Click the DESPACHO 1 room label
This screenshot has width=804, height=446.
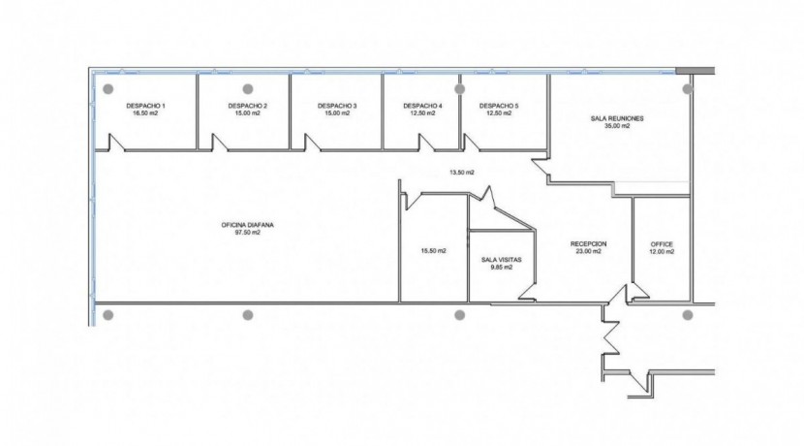pos(145,106)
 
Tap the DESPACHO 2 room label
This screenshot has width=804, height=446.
pos(248,106)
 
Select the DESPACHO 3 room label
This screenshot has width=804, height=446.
pos(337,106)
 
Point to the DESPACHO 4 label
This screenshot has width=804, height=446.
pos(422,106)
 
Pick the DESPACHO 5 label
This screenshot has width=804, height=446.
pos(499,106)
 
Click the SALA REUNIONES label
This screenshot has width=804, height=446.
pos(617,118)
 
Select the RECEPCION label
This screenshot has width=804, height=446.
pos(589,243)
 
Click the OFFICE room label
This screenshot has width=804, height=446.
pos(662,244)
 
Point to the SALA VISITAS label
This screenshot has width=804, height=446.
pos(502,260)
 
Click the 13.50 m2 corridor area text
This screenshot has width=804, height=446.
pos(462,173)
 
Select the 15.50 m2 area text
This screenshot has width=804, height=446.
pos(433,251)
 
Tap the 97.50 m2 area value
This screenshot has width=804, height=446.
pos(248,232)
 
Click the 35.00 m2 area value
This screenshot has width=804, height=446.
pos(617,126)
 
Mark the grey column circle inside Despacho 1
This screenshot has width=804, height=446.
pos(108,89)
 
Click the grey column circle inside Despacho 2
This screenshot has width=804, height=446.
pos(248,89)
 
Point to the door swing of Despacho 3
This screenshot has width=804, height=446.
pos(312,143)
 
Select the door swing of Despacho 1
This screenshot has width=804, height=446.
pos(116,143)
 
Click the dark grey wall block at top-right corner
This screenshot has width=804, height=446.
pos(695,71)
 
